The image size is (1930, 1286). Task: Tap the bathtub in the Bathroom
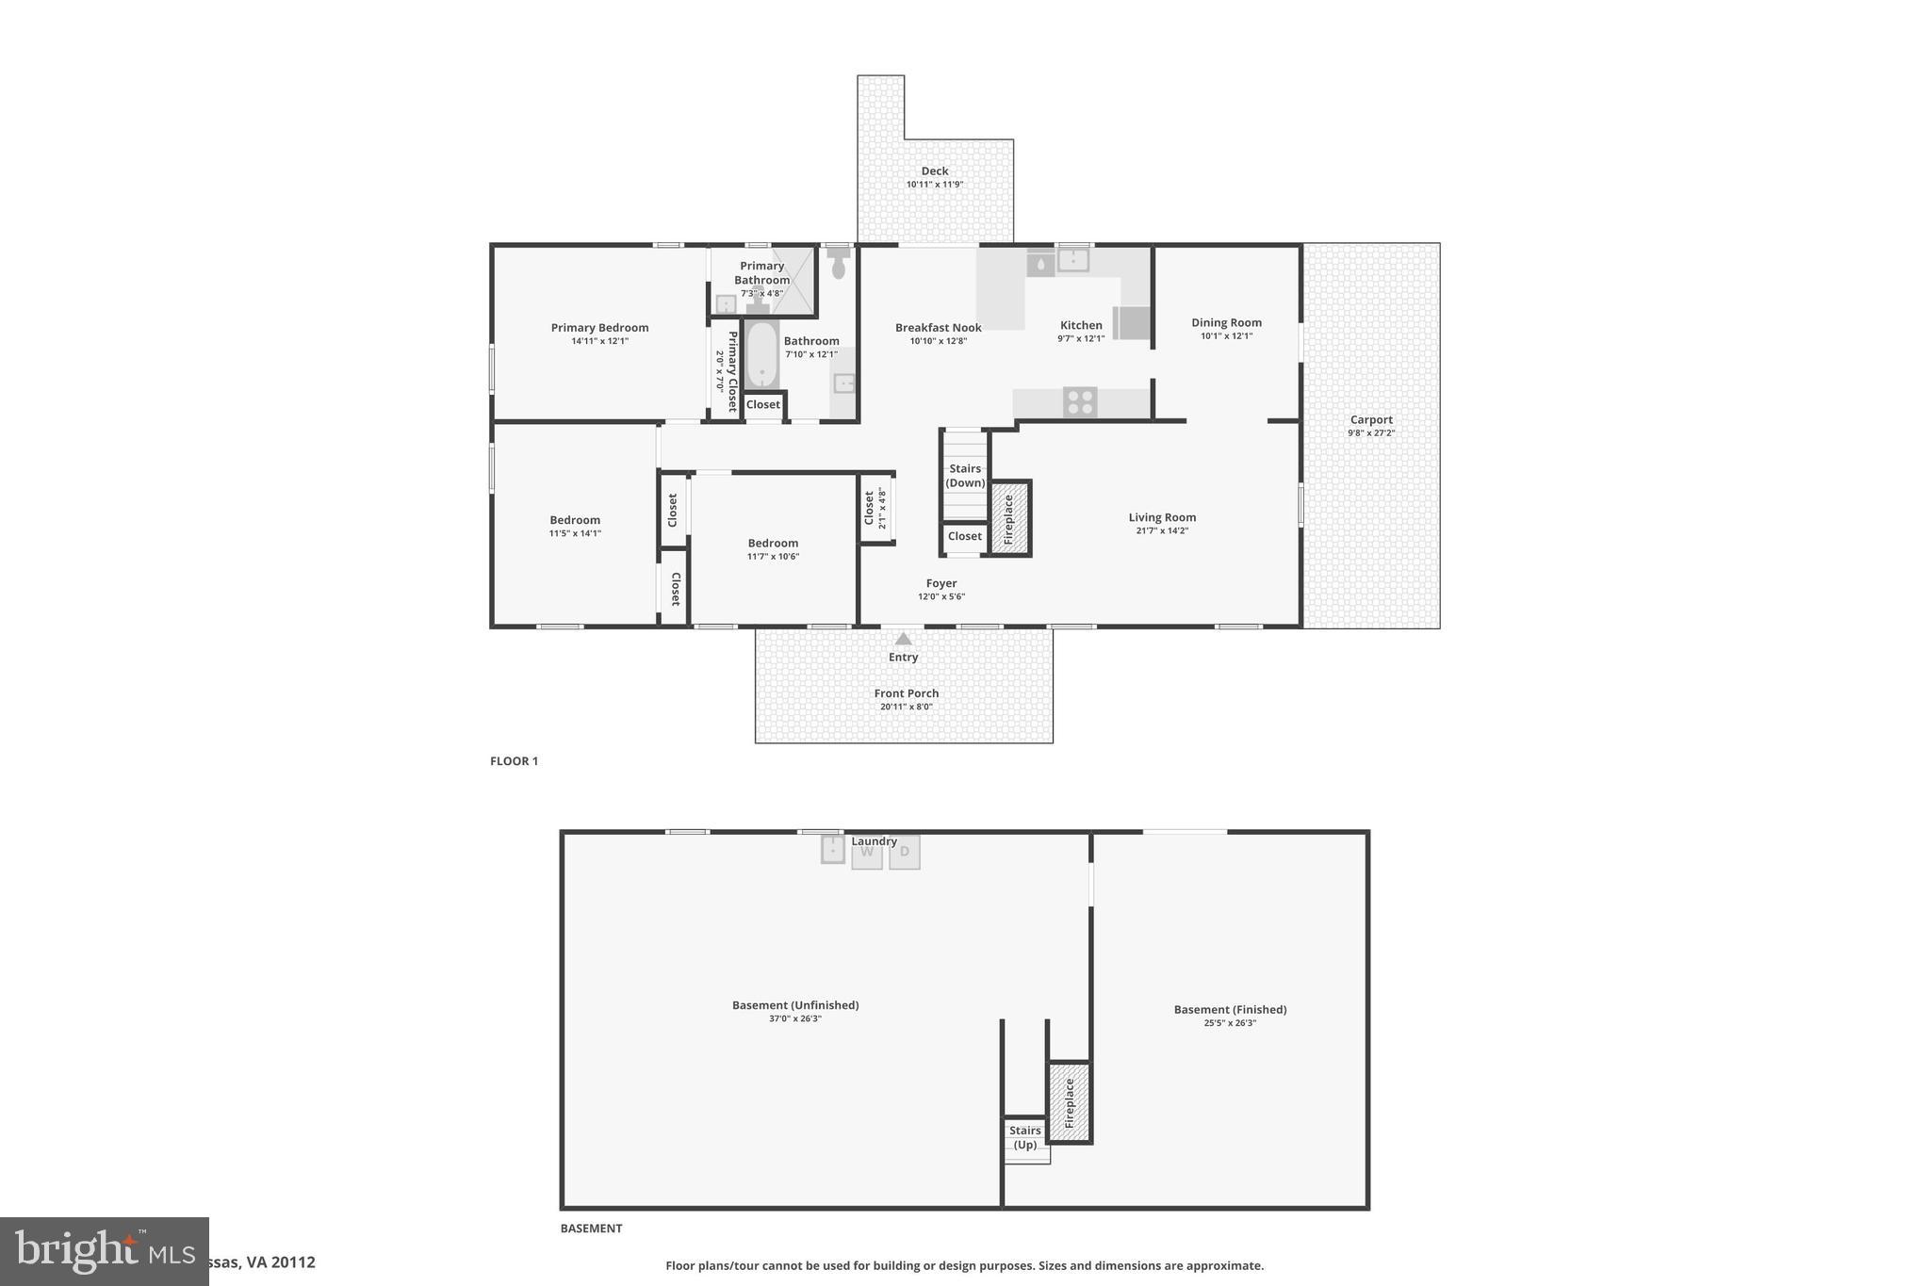click(x=762, y=355)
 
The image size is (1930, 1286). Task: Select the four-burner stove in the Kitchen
click(x=1080, y=402)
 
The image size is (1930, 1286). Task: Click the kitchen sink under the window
click(x=1072, y=260)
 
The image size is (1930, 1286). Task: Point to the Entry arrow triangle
click(x=903, y=639)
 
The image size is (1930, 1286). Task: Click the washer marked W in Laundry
click(x=867, y=853)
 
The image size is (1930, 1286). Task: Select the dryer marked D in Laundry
click(x=905, y=853)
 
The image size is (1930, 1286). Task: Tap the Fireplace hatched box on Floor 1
click(x=1009, y=519)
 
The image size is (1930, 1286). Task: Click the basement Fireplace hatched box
click(x=1070, y=1103)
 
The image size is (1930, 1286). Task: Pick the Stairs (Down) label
click(x=965, y=476)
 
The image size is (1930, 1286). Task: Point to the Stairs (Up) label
click(x=1025, y=1137)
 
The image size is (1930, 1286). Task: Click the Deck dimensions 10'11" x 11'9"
click(x=935, y=185)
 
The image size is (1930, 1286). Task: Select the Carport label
click(x=1371, y=420)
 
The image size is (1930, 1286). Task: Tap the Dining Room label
click(x=1226, y=322)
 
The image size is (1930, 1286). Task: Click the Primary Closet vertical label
click(x=732, y=371)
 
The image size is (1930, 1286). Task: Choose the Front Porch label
click(x=907, y=693)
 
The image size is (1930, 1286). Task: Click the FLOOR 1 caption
click(x=514, y=761)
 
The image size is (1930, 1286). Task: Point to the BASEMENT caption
click(x=591, y=1229)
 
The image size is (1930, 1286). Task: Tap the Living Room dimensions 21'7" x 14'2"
click(x=1162, y=530)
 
